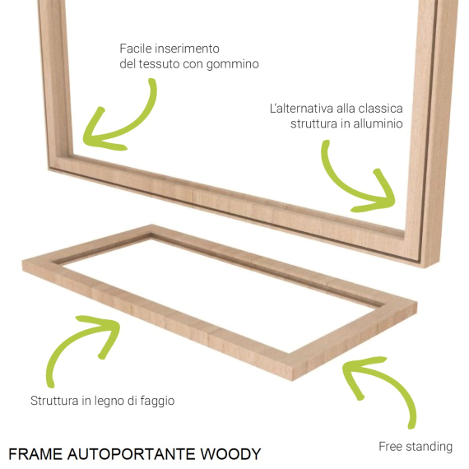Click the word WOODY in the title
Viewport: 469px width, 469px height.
(230, 454)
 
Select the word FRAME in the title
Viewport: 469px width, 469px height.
(35, 454)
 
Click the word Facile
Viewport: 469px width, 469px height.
(136, 49)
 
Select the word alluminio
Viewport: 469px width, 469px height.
(378, 123)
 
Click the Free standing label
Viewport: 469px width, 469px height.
(416, 447)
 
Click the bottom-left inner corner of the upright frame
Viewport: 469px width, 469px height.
(72, 155)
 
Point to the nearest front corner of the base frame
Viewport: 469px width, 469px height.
(293, 380)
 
